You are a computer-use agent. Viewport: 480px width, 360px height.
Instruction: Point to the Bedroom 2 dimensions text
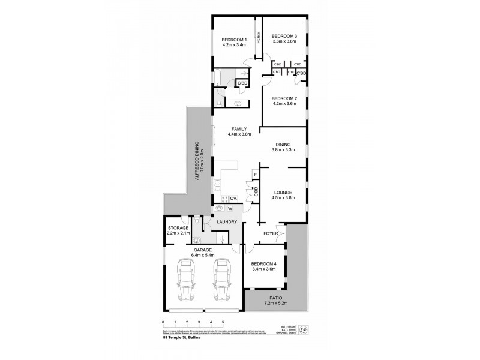pyautogui.click(x=284, y=104)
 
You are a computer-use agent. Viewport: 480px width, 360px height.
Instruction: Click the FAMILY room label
pyautogui.click(x=239, y=129)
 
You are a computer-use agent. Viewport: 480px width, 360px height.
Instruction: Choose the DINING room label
pyautogui.click(x=283, y=145)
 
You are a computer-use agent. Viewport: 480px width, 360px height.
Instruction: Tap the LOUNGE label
pyautogui.click(x=283, y=192)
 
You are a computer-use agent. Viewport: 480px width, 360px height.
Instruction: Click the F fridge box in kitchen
pyautogui.click(x=254, y=175)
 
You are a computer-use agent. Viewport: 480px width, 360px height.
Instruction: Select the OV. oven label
pyautogui.click(x=234, y=199)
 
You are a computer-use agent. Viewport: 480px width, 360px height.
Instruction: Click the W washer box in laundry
pyautogui.click(x=230, y=208)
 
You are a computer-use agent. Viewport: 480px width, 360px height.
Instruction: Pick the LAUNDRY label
pyautogui.click(x=227, y=222)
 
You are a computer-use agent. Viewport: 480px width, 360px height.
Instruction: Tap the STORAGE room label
pyautogui.click(x=178, y=228)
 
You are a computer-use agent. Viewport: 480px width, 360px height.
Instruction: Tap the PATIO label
pyautogui.click(x=275, y=298)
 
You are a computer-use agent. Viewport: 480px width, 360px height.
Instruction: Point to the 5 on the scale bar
pyautogui.click(x=223, y=323)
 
